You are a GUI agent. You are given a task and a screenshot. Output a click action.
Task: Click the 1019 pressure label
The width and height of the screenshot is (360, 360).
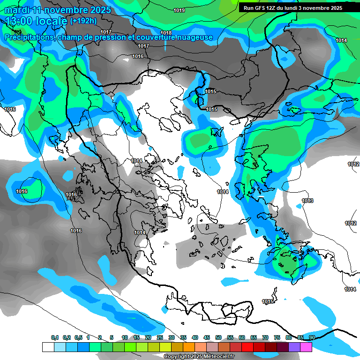pyautogui.click(x=179, y=10)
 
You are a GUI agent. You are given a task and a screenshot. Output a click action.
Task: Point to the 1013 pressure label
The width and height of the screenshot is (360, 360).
pyautogui.click(x=307, y=201)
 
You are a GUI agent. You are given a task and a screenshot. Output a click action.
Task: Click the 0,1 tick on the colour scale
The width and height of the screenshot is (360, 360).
pyautogui.click(x=54, y=338)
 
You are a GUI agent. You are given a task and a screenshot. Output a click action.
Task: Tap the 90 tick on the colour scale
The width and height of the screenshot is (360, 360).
pyautogui.click(x=312, y=338)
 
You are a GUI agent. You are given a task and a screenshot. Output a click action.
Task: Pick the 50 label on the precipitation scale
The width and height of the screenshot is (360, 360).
pyautogui.click(x=218, y=338)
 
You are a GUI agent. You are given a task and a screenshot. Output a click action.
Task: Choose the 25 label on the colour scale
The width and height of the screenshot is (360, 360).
pyautogui.click(x=160, y=338)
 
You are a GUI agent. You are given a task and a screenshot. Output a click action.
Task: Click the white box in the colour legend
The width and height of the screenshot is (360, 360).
pyautogui.click(x=48, y=347)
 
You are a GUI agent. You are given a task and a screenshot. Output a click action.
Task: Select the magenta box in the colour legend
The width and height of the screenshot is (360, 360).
pyautogui.click(x=306, y=347)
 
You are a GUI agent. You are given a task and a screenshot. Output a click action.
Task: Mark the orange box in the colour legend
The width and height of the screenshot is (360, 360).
pyautogui.click(x=189, y=347)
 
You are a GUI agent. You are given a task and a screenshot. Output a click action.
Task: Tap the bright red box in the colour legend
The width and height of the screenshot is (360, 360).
pyautogui.click(x=247, y=347)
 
